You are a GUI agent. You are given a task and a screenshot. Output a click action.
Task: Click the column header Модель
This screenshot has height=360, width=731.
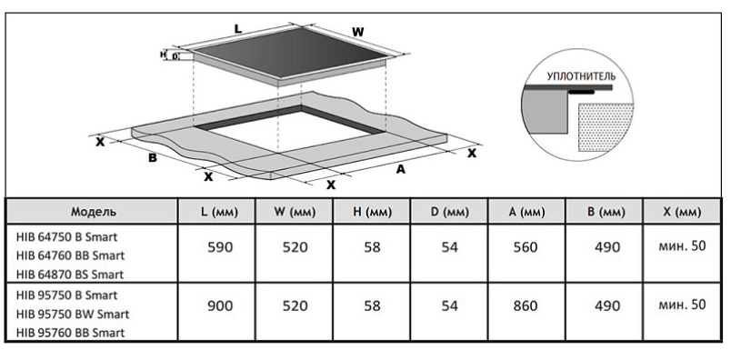coord(94,212)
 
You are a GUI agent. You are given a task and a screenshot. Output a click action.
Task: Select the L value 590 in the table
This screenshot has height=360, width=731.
coord(220,247)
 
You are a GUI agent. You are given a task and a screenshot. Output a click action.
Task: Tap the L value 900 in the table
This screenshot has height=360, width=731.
coord(220,305)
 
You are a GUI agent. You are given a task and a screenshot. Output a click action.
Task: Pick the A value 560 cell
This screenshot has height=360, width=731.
coord(526,247)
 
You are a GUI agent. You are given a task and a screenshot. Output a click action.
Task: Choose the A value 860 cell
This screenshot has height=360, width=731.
coord(526,305)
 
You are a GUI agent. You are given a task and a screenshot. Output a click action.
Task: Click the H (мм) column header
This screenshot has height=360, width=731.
coord(372,212)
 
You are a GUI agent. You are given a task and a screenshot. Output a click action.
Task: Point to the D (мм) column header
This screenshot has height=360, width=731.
coord(449,212)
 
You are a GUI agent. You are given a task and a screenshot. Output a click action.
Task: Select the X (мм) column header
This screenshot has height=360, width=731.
coord(682,212)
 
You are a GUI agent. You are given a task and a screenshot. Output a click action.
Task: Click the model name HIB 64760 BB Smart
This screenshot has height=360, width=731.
coord(70,255)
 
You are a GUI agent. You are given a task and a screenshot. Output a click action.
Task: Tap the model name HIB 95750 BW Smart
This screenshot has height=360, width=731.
coord(72,314)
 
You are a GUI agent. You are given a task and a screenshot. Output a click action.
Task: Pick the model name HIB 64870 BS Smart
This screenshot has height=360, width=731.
coord(70,275)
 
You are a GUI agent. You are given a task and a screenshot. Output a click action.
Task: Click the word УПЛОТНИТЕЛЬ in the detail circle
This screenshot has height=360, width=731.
coord(581,76)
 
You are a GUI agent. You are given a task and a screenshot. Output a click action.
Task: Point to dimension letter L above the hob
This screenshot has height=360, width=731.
coord(238,28)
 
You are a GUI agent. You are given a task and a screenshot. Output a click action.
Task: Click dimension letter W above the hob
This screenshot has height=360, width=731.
coord(357,32)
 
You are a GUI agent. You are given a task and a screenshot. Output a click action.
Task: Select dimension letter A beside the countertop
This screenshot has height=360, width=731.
coord(400,169)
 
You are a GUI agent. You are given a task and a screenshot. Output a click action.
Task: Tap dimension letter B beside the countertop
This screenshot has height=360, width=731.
coord(153,157)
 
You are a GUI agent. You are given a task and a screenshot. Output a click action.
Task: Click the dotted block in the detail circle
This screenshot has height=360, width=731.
coord(606,127)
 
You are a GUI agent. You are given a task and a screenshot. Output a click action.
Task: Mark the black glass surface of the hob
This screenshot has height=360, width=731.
coord(289,55)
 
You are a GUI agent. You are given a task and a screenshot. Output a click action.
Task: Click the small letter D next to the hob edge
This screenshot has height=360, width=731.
coord(175,56)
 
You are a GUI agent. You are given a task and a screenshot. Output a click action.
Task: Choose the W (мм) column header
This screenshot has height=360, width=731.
coord(295,212)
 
